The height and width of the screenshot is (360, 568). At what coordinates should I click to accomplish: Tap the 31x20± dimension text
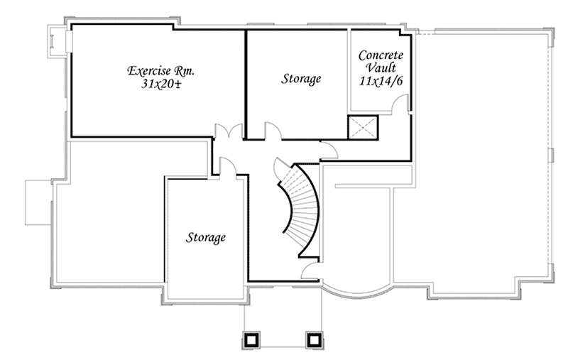[x=160, y=84]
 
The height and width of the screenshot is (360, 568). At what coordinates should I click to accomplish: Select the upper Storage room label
[x=300, y=78]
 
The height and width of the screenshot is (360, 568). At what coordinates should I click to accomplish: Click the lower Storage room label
[x=207, y=236]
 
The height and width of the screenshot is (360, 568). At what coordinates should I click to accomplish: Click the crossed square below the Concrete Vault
[x=364, y=126]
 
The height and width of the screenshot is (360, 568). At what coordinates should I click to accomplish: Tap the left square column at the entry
[x=250, y=340]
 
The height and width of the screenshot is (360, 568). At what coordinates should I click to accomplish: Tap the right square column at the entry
[x=313, y=340]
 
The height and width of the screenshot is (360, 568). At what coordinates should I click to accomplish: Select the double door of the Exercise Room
[x=228, y=132]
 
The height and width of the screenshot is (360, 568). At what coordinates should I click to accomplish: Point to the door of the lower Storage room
[x=227, y=166]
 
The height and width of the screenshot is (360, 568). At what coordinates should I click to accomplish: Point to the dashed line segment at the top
[x=424, y=34]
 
